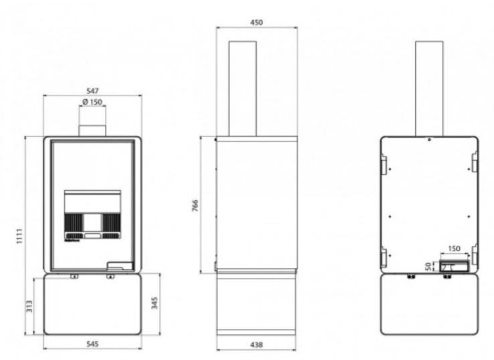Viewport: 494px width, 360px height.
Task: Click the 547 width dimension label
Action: point(92,91)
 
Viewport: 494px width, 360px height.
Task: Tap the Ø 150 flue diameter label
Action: point(92,102)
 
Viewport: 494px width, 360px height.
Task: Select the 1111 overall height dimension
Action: point(19,236)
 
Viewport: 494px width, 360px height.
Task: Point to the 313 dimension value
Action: point(29,306)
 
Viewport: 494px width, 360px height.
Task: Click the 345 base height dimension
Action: point(154,303)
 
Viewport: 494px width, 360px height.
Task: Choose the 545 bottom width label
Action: point(92,344)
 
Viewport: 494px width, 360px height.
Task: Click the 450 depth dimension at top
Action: point(256,22)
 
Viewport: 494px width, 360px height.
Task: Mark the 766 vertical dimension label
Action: point(195,206)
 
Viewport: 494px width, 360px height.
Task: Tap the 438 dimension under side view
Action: point(256,345)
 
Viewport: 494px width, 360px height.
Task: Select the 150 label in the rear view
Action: point(454,248)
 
